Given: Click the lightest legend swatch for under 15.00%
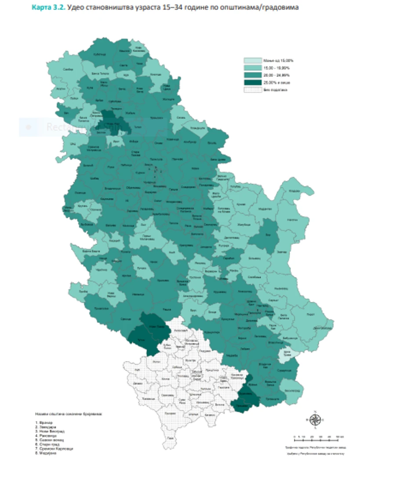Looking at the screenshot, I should [253, 60].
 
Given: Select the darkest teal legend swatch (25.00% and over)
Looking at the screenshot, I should [253, 82].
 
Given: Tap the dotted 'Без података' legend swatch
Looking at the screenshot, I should [253, 90].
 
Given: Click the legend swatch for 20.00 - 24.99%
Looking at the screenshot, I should [253, 75].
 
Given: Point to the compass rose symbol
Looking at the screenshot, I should [315, 419].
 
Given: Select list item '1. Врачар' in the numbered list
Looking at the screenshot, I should [43, 422].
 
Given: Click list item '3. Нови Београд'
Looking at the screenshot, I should [48, 431].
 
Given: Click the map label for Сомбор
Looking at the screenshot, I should [68, 70].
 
